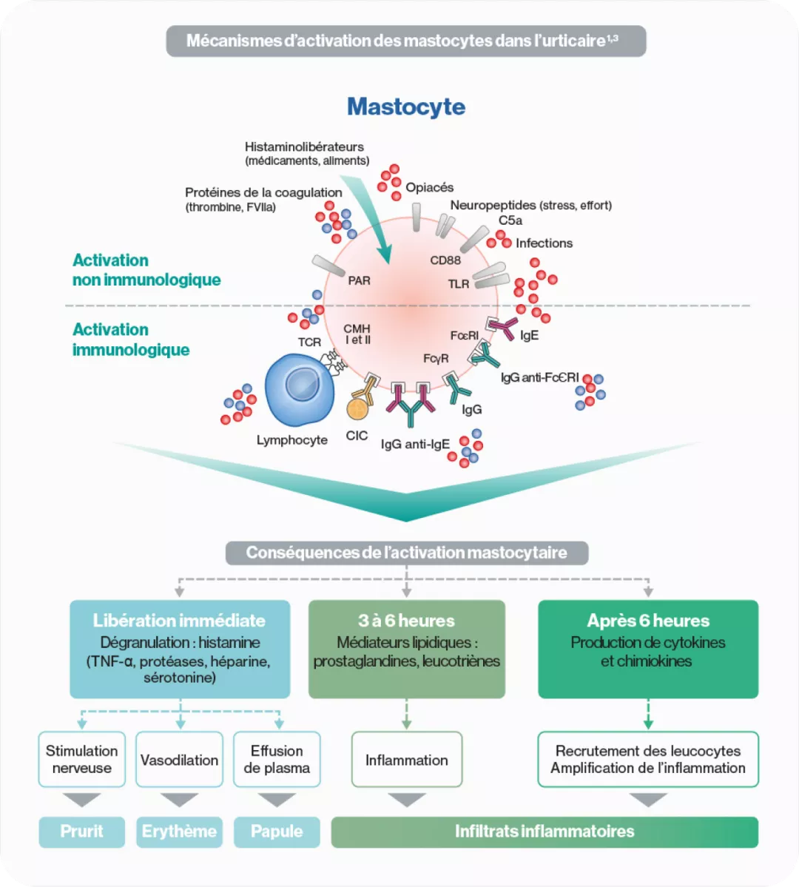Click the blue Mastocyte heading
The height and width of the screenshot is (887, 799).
pos(406,107)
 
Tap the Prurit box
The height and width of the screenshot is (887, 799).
pos(81,832)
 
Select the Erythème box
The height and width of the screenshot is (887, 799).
pos(179,832)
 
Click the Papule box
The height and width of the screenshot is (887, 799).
pos(277,832)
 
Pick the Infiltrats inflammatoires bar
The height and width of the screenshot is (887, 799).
pos(545,832)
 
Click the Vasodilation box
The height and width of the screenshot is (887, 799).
pos(179,760)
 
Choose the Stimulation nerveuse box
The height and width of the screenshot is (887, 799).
pos(81,760)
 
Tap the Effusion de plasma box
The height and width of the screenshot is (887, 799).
pos(277,760)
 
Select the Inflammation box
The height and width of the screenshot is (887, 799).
pos(406,760)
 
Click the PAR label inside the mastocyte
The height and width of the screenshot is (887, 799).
pos(359,281)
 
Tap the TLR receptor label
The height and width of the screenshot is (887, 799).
pos(459,284)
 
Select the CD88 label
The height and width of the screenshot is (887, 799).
pos(445,260)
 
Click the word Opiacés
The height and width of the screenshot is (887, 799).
pos(429,188)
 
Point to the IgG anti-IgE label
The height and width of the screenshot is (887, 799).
pos(415,445)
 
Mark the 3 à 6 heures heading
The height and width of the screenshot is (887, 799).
pos(406,621)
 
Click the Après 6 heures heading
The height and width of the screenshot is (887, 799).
pos(648,621)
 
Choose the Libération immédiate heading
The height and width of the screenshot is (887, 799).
pos(179,621)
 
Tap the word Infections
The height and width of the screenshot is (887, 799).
pos(544,243)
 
